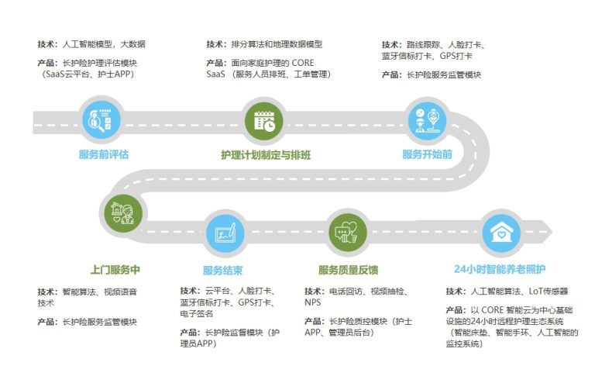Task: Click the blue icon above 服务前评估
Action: (x=101, y=121)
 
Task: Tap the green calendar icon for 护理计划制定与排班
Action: (x=264, y=122)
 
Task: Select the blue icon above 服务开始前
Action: (x=427, y=121)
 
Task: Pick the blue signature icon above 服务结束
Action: (x=225, y=233)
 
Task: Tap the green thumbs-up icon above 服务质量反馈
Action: (x=347, y=233)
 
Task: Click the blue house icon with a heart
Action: (x=501, y=233)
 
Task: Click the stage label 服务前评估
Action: (x=104, y=154)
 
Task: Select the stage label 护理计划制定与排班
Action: (x=266, y=155)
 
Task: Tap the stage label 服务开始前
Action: (x=427, y=154)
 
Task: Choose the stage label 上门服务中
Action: (x=115, y=270)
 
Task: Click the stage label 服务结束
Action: (x=223, y=271)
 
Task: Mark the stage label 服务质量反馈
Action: (x=349, y=270)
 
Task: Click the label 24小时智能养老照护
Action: (x=500, y=269)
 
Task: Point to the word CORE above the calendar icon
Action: (x=303, y=63)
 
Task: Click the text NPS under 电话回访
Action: (x=313, y=302)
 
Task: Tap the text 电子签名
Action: (x=197, y=313)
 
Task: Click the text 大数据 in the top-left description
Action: (x=132, y=44)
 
